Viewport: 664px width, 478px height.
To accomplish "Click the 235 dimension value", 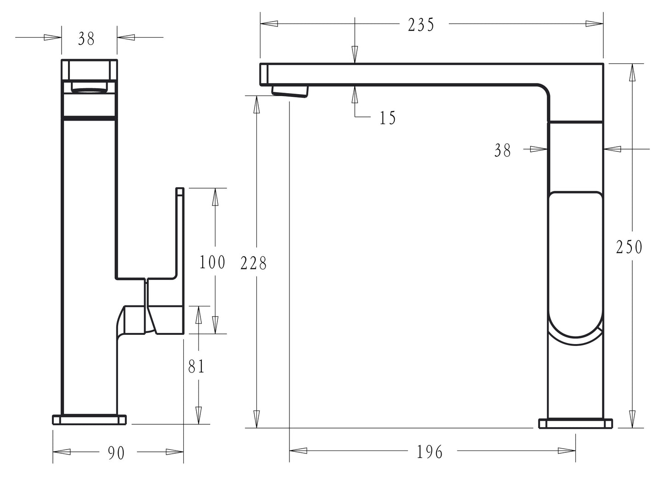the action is coord(421,25).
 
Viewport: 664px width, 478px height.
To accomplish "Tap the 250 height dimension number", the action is coord(629,247).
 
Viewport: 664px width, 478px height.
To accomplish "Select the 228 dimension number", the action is coord(254,263).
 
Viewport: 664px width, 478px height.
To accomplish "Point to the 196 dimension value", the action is coord(430,452).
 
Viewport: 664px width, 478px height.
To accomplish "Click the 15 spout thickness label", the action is coord(388,118).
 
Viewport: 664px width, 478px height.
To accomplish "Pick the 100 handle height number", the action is coord(212,262).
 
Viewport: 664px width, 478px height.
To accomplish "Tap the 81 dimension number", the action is coord(196,367).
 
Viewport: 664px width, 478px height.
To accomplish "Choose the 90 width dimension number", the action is coord(116,453).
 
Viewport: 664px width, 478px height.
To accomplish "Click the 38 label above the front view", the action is coord(86,39).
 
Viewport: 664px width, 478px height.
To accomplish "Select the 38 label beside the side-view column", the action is coord(502,150).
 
